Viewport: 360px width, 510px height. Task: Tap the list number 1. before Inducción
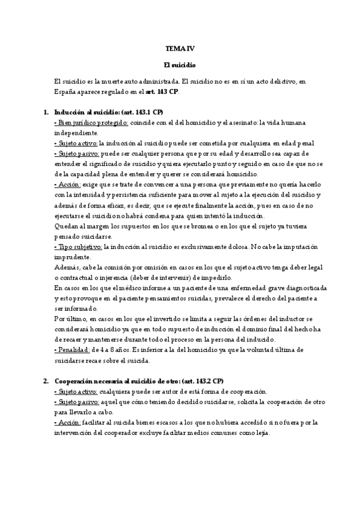click(x=46, y=112)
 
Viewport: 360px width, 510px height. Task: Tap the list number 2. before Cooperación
click(x=46, y=381)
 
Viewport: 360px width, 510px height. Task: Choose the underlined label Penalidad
click(x=72, y=351)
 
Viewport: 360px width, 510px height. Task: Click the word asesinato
click(x=250, y=123)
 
